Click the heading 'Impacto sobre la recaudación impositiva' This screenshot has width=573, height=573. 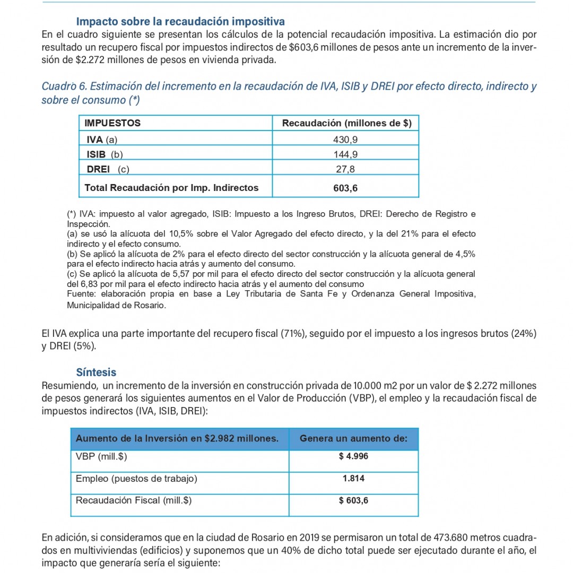tap(180, 22)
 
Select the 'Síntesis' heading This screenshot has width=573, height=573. tap(96, 372)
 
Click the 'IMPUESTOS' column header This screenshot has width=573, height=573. tap(113, 123)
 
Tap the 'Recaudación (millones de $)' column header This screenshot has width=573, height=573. tap(346, 123)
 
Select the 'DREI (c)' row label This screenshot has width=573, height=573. tap(108, 170)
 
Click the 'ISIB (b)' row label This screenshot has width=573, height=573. tap(105, 155)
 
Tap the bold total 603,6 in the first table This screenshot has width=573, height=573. tap(345, 188)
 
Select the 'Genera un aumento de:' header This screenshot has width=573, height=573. tap(353, 439)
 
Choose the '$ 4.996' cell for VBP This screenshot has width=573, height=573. tap(353, 457)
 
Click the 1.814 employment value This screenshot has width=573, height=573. tap(353, 479)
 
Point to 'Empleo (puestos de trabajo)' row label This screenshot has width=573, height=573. tap(136, 479)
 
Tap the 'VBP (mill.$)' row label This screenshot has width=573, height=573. tap(101, 457)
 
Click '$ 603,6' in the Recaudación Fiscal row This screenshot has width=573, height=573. tap(353, 500)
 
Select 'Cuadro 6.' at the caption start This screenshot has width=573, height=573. tap(63, 86)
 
